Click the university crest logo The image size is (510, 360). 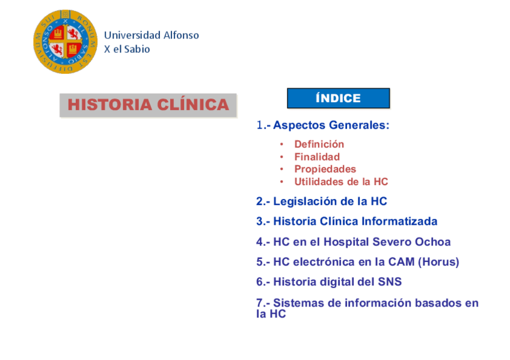(x=66, y=41)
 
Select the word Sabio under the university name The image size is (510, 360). (x=137, y=49)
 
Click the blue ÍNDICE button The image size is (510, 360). (x=338, y=98)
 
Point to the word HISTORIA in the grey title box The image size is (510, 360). (x=109, y=105)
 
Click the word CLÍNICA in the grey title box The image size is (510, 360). (x=193, y=105)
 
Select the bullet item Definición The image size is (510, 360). (x=319, y=144)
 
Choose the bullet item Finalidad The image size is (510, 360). (x=317, y=157)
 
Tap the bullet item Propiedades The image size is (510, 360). (x=325, y=169)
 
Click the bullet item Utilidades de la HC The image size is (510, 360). (x=341, y=182)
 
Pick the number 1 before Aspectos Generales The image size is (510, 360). (x=260, y=125)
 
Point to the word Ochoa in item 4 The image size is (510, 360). (x=433, y=242)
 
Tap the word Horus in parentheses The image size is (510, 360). (x=438, y=262)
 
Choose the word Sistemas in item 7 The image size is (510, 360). (x=298, y=303)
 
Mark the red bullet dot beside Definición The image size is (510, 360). (x=281, y=144)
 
